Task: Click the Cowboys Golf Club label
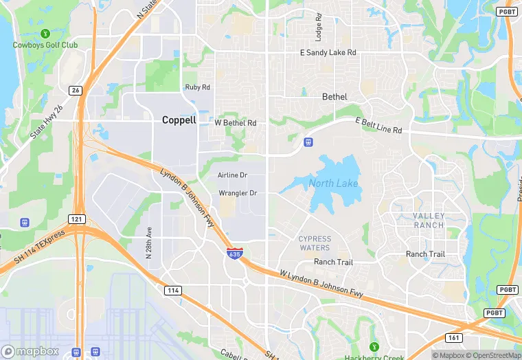tap(45, 45)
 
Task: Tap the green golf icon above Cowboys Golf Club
tap(45, 32)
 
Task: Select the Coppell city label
tap(179, 120)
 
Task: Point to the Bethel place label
tap(334, 97)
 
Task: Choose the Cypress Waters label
tap(315, 243)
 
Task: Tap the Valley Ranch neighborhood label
tap(429, 221)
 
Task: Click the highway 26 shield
tap(75, 90)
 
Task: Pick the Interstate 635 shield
tap(235, 253)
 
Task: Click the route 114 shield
tap(173, 291)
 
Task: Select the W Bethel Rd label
tap(236, 123)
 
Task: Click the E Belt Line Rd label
tap(378, 126)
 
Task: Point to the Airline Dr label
tap(232, 176)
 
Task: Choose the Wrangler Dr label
tap(238, 193)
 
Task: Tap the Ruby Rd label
tap(197, 87)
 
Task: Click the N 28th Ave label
tap(148, 243)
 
